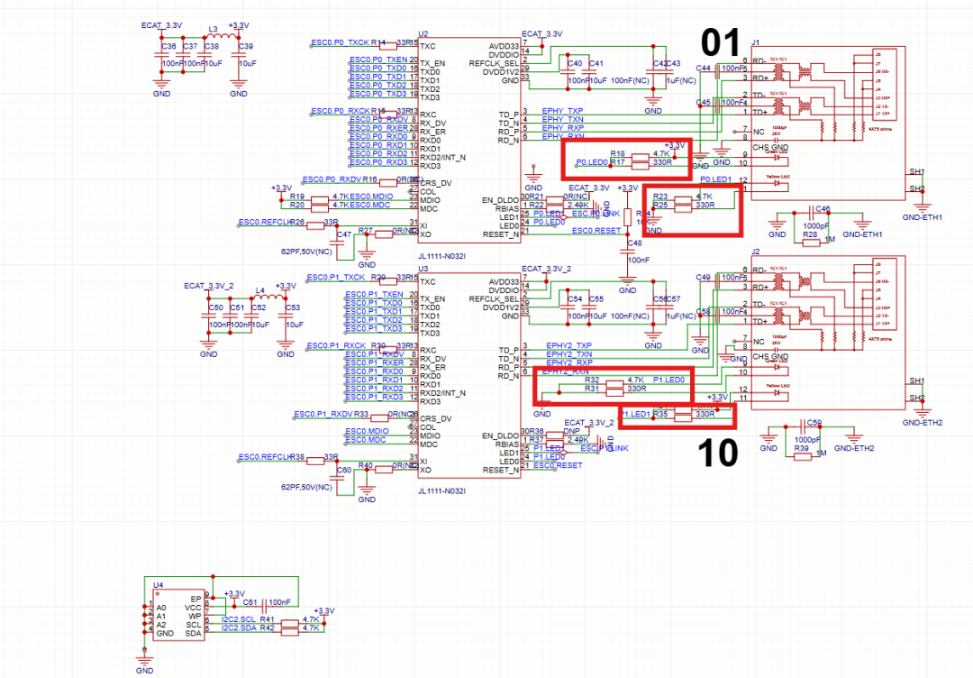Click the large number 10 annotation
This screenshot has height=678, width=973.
click(x=718, y=454)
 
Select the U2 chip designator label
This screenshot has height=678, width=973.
click(x=423, y=32)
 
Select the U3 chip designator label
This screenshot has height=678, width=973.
click(x=423, y=270)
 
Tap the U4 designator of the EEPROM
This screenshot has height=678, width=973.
click(x=158, y=584)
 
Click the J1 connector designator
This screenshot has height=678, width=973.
click(x=756, y=41)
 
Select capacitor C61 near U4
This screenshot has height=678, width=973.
click(x=250, y=601)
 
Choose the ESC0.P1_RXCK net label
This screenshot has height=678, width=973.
click(x=336, y=346)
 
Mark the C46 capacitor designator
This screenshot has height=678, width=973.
click(x=821, y=208)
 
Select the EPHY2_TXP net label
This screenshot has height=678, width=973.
click(x=568, y=345)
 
